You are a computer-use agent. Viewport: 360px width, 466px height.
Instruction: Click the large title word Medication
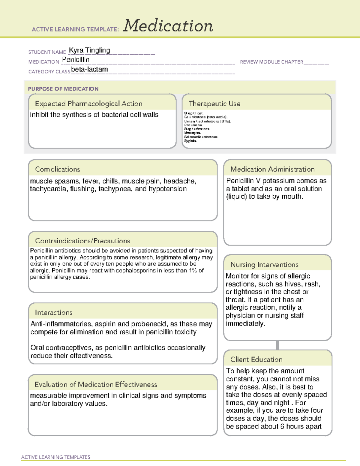(168, 26)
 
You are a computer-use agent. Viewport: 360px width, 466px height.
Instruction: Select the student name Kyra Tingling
(89, 50)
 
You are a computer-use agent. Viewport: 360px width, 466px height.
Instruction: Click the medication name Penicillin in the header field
(76, 60)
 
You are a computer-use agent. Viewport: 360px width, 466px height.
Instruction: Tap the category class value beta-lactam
(89, 69)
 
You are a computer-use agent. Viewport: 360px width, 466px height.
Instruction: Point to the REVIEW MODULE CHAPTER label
(271, 62)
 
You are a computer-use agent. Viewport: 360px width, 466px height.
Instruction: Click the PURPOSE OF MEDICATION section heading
(63, 89)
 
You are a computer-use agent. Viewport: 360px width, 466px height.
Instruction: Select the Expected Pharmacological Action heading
(88, 104)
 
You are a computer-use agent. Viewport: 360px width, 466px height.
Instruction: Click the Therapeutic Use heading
(214, 104)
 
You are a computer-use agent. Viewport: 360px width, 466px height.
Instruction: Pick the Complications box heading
(57, 169)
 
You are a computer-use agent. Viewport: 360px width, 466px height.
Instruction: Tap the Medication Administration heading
(272, 169)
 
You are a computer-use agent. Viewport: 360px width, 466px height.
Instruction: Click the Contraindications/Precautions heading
(82, 241)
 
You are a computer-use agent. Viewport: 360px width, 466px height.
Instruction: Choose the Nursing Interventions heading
(264, 264)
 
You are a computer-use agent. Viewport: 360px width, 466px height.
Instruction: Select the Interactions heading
(53, 312)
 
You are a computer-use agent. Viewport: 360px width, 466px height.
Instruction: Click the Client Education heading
(256, 359)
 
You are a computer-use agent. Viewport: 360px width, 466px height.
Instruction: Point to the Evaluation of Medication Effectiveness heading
(96, 384)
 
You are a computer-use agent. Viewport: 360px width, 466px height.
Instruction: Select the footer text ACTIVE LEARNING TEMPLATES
(55, 457)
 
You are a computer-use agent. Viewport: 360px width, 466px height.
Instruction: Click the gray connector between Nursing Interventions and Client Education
(277, 345)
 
